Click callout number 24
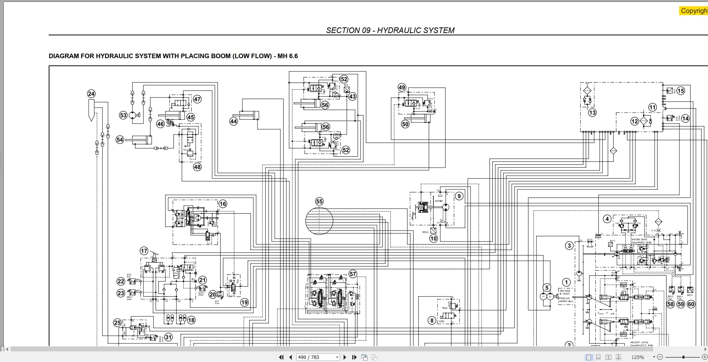(x=91, y=94)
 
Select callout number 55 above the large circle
(x=319, y=202)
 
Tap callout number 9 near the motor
(x=459, y=196)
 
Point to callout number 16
(x=223, y=204)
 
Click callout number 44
(x=234, y=121)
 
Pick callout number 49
(x=402, y=87)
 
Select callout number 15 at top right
(x=681, y=90)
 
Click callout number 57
(x=353, y=274)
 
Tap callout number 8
(x=431, y=321)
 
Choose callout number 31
(x=168, y=337)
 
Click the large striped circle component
(x=319, y=221)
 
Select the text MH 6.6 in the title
(x=288, y=56)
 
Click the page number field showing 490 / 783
(x=317, y=357)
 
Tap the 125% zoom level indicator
(x=638, y=357)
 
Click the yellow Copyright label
(x=694, y=11)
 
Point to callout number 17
(x=144, y=251)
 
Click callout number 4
(x=607, y=219)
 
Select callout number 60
(x=691, y=304)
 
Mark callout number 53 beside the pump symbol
(x=123, y=115)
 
